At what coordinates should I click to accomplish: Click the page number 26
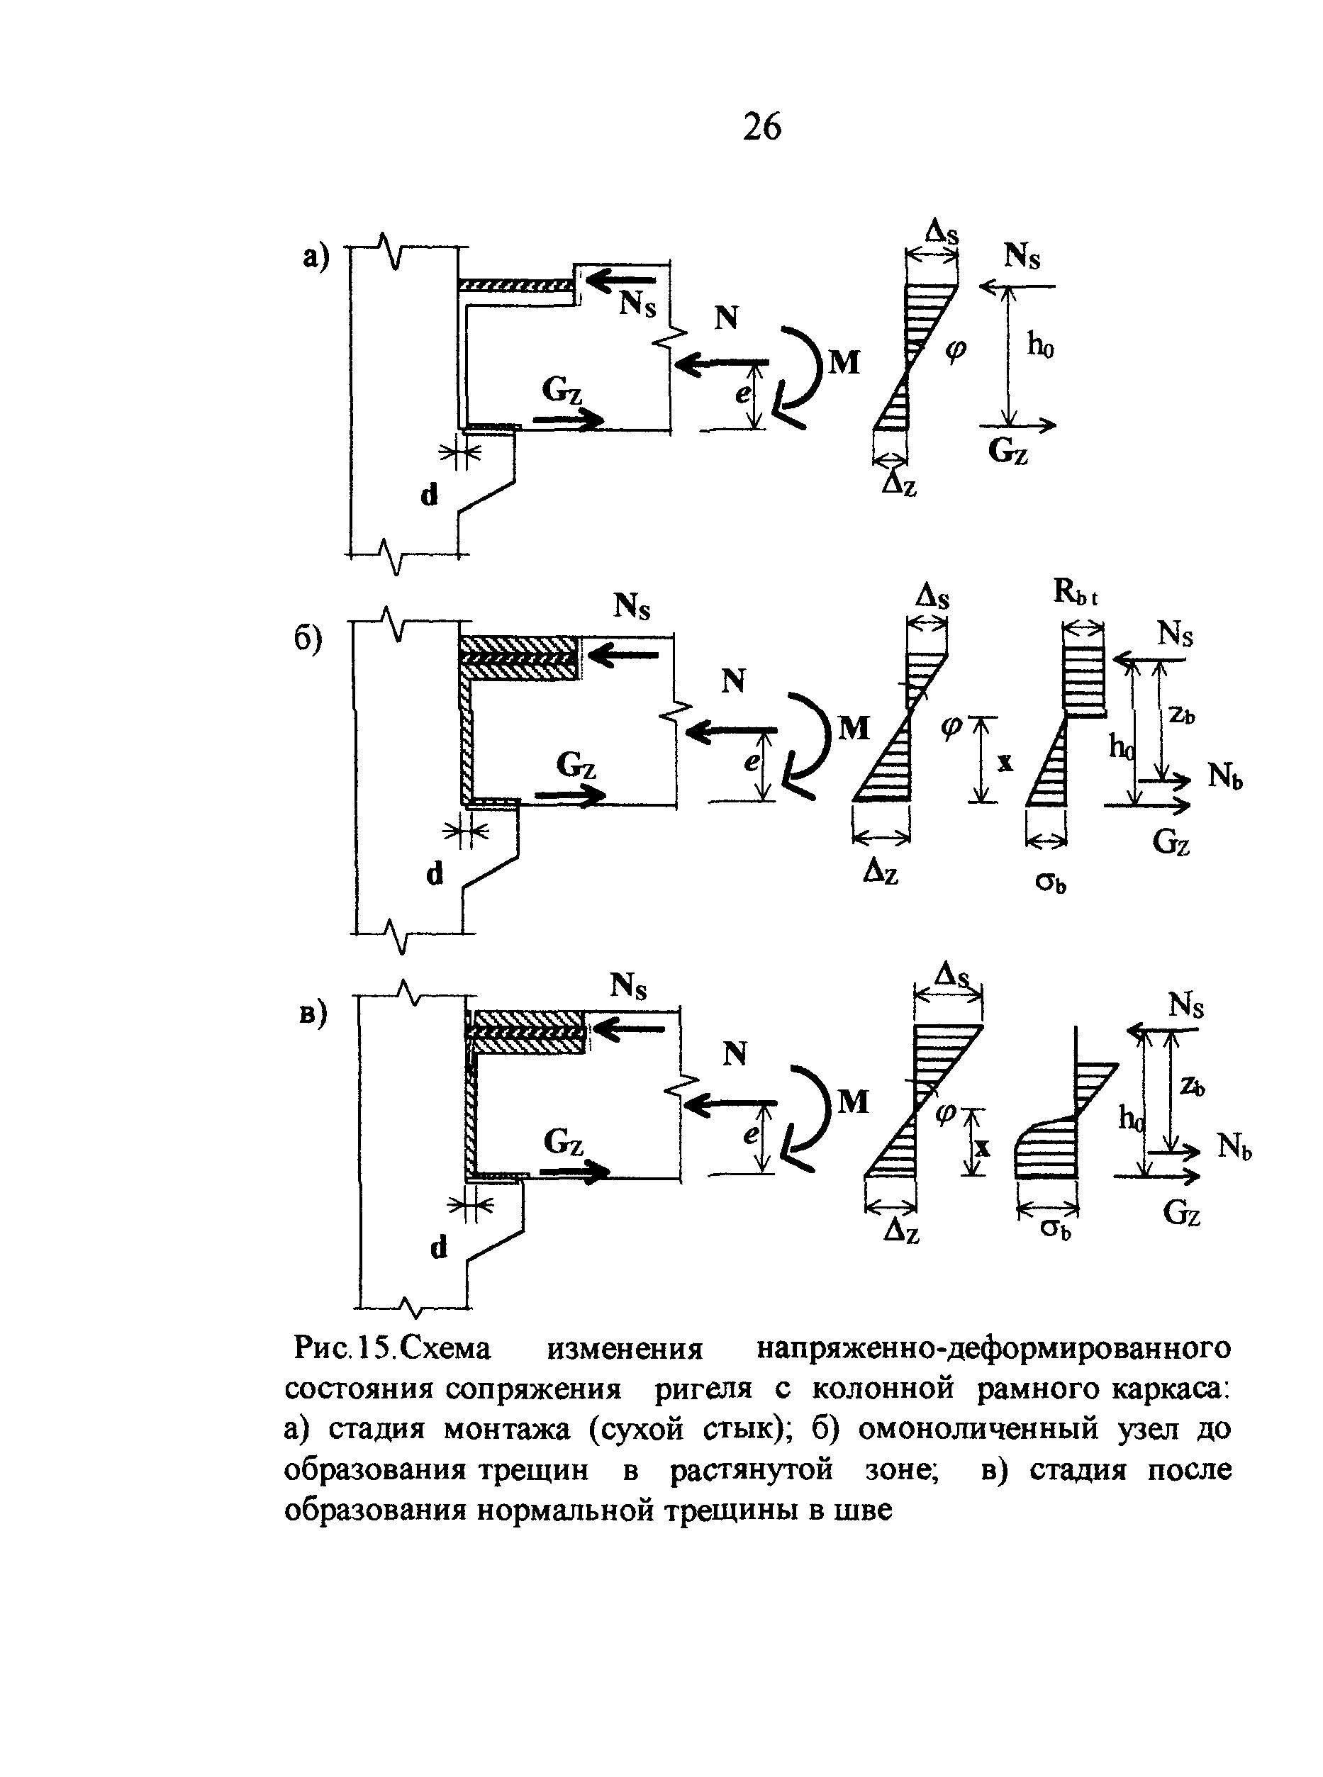(x=761, y=126)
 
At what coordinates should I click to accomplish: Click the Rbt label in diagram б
(x=1076, y=593)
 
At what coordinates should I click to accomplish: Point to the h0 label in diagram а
(x=1040, y=345)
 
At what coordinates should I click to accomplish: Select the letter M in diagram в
(x=853, y=1102)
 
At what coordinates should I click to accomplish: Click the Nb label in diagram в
(x=1235, y=1148)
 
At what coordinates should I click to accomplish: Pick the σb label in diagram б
(x=1051, y=883)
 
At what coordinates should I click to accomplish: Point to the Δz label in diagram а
(x=899, y=483)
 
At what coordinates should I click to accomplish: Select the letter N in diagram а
(x=725, y=318)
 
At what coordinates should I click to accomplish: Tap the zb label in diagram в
(x=1193, y=1084)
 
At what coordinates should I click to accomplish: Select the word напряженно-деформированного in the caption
(x=994, y=1350)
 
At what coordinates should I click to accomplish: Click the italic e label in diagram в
(x=750, y=1135)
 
